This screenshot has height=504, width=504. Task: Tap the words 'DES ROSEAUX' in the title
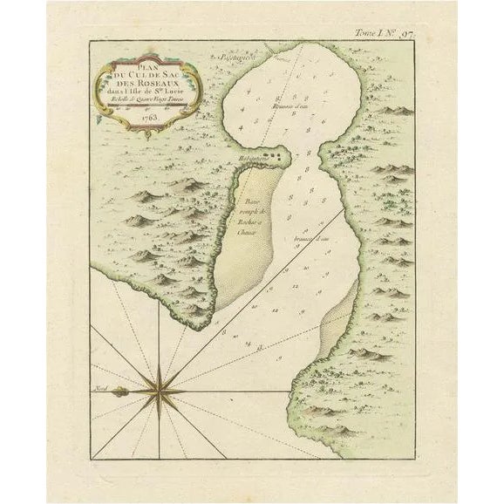[146, 85]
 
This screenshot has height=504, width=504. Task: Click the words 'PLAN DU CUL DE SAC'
[146, 71]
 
